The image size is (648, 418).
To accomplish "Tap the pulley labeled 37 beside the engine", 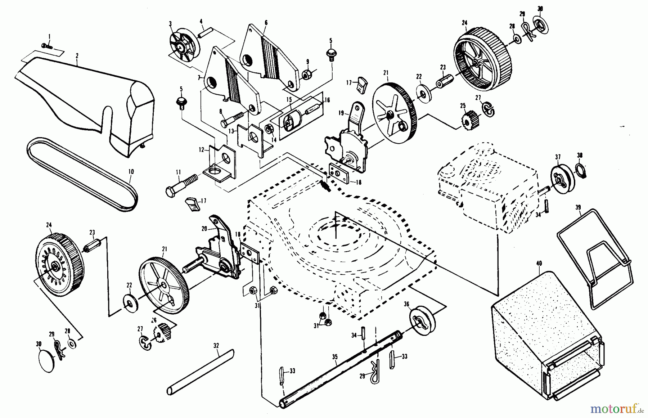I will click(562, 178).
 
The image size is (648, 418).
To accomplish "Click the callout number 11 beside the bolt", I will click(177, 172).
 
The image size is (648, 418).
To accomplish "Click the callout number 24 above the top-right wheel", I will click(464, 23).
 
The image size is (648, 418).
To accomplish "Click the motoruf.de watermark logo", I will click(612, 409).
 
